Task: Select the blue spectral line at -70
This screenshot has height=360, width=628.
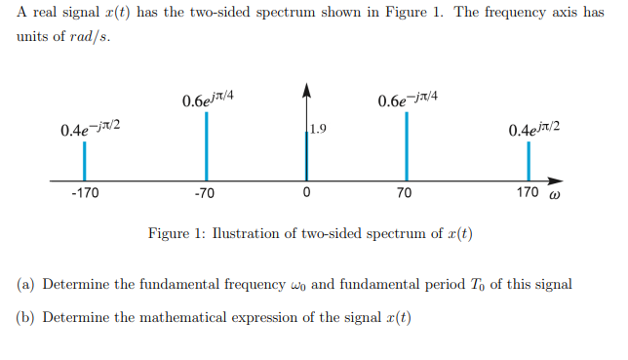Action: [x=205, y=146]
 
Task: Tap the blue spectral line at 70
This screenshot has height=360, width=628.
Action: [x=406, y=146]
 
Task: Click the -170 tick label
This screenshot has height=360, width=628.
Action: [x=85, y=193]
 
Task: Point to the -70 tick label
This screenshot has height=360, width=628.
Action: [x=204, y=193]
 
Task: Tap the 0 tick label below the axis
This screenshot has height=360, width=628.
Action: [x=306, y=193]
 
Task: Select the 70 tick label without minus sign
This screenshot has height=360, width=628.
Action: [x=405, y=193]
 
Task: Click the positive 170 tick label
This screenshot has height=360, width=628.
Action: [x=527, y=192]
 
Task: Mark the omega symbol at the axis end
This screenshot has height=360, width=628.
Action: [x=555, y=194]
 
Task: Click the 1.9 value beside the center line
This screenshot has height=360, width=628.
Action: [x=318, y=128]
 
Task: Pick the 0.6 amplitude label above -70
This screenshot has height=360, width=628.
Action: [x=207, y=100]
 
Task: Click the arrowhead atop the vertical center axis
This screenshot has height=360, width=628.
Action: [x=306, y=92]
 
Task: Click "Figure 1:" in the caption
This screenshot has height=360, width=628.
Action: [x=174, y=234]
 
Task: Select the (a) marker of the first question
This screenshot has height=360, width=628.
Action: [x=26, y=285]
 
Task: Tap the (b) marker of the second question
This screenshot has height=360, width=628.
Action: [x=26, y=318]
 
